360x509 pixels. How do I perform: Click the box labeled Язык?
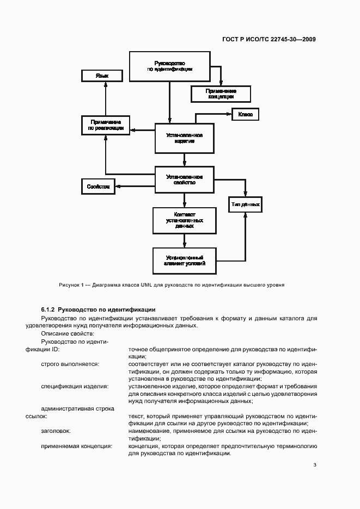click(x=102, y=76)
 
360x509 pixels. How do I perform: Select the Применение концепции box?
click(x=221, y=94)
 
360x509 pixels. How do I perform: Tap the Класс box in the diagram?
click(x=246, y=115)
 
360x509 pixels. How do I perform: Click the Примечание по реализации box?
click(x=106, y=126)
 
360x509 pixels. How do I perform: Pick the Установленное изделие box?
click(x=185, y=138)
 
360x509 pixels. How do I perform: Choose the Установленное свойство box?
click(x=185, y=180)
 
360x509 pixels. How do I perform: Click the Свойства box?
click(x=98, y=187)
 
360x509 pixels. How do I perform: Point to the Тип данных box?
click(x=246, y=205)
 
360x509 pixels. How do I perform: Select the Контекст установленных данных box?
click(x=185, y=221)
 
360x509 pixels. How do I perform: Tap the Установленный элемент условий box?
click(x=185, y=260)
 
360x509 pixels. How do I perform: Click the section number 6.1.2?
click(x=48, y=309)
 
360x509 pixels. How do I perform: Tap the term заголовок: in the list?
click(x=56, y=431)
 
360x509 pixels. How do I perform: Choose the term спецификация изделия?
click(x=75, y=387)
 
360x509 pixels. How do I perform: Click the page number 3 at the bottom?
click(x=315, y=465)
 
